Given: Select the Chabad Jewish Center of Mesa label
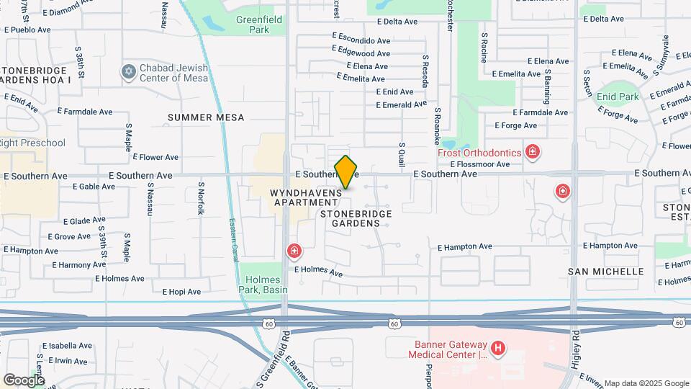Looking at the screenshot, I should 173,73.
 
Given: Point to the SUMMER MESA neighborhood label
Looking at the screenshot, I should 206,117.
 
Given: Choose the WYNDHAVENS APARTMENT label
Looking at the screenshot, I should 305,198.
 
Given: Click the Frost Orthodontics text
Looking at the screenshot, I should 479,153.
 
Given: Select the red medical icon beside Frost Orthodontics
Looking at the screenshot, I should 532,151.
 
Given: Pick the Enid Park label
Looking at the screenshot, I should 618,97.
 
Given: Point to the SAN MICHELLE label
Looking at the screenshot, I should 605,272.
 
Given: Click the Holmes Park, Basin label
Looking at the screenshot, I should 263,284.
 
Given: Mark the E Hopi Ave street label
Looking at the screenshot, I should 184,292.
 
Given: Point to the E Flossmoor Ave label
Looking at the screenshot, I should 480,164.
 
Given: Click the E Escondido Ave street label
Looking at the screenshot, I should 361,35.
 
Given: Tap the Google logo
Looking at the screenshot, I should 23,380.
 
